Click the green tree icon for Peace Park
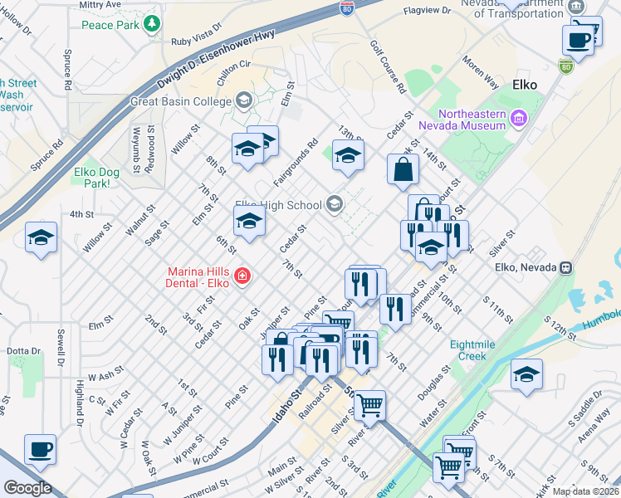click(151, 24)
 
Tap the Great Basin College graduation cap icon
click(243, 100)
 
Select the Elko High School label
click(278, 205)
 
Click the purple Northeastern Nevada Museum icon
click(520, 118)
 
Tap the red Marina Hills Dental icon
click(242, 276)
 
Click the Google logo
click(27, 488)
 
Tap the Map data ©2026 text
click(586, 491)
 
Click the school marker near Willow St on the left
click(41, 237)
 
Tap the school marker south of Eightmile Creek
click(526, 374)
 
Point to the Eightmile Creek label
click(475, 349)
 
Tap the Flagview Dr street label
click(426, 11)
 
